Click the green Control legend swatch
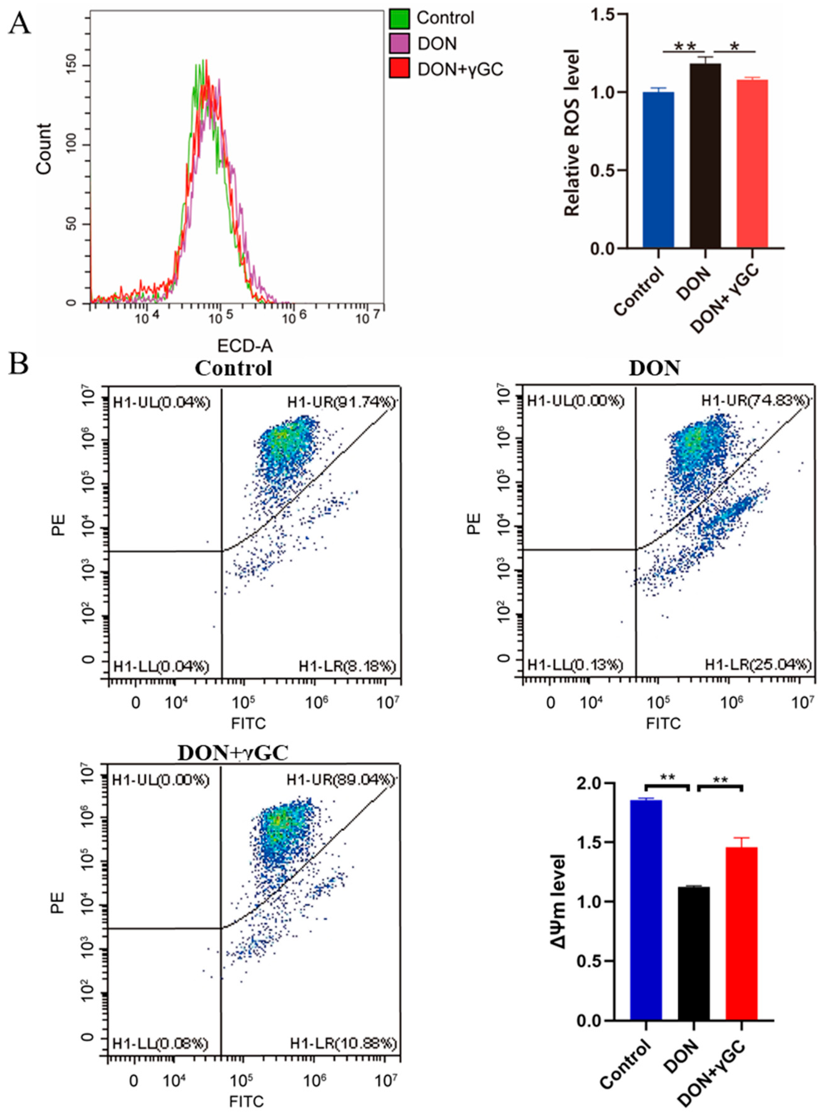click(399, 18)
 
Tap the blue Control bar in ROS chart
click(659, 170)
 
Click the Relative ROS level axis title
click(572, 132)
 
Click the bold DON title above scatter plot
click(655, 369)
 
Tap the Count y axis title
click(44, 149)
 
